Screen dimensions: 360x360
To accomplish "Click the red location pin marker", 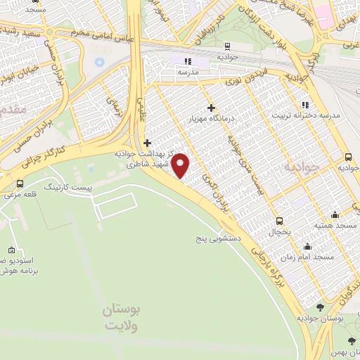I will [x=181, y=165].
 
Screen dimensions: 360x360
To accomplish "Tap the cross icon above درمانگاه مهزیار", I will [x=211, y=107].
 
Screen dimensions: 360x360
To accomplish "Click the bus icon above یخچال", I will [x=279, y=220].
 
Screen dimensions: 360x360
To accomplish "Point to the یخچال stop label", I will [x=279, y=231].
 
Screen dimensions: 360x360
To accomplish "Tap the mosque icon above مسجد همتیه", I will [x=335, y=214].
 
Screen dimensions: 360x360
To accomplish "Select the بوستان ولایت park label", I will [x=121, y=317].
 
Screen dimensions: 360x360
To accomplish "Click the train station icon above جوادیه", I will [x=224, y=45].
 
